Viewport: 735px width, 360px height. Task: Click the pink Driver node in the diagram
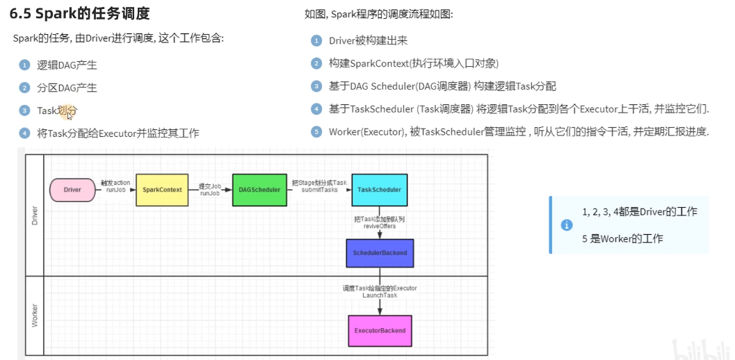tap(72, 190)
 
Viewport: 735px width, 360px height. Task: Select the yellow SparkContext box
tap(162, 190)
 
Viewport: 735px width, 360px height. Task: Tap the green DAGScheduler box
tap(259, 190)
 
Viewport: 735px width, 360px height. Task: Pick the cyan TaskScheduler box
tap(379, 190)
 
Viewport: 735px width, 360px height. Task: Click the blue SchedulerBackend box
tap(380, 253)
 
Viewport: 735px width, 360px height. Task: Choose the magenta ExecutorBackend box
tap(380, 331)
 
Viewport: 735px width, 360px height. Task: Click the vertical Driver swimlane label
tap(35, 214)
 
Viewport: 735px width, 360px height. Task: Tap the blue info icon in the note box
tap(567, 225)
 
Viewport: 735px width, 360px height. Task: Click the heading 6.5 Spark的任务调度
tap(79, 13)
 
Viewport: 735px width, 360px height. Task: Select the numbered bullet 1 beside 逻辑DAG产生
tap(24, 65)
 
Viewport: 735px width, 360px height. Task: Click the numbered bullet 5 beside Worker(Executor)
tap(316, 131)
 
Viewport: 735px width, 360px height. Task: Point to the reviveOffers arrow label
tap(379, 227)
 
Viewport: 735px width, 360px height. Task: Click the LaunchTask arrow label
tap(380, 295)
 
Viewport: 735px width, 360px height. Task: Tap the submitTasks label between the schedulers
tap(320, 190)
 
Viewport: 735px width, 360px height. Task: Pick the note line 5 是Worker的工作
tap(622, 238)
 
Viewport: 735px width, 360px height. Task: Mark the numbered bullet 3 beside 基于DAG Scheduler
tap(316, 86)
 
